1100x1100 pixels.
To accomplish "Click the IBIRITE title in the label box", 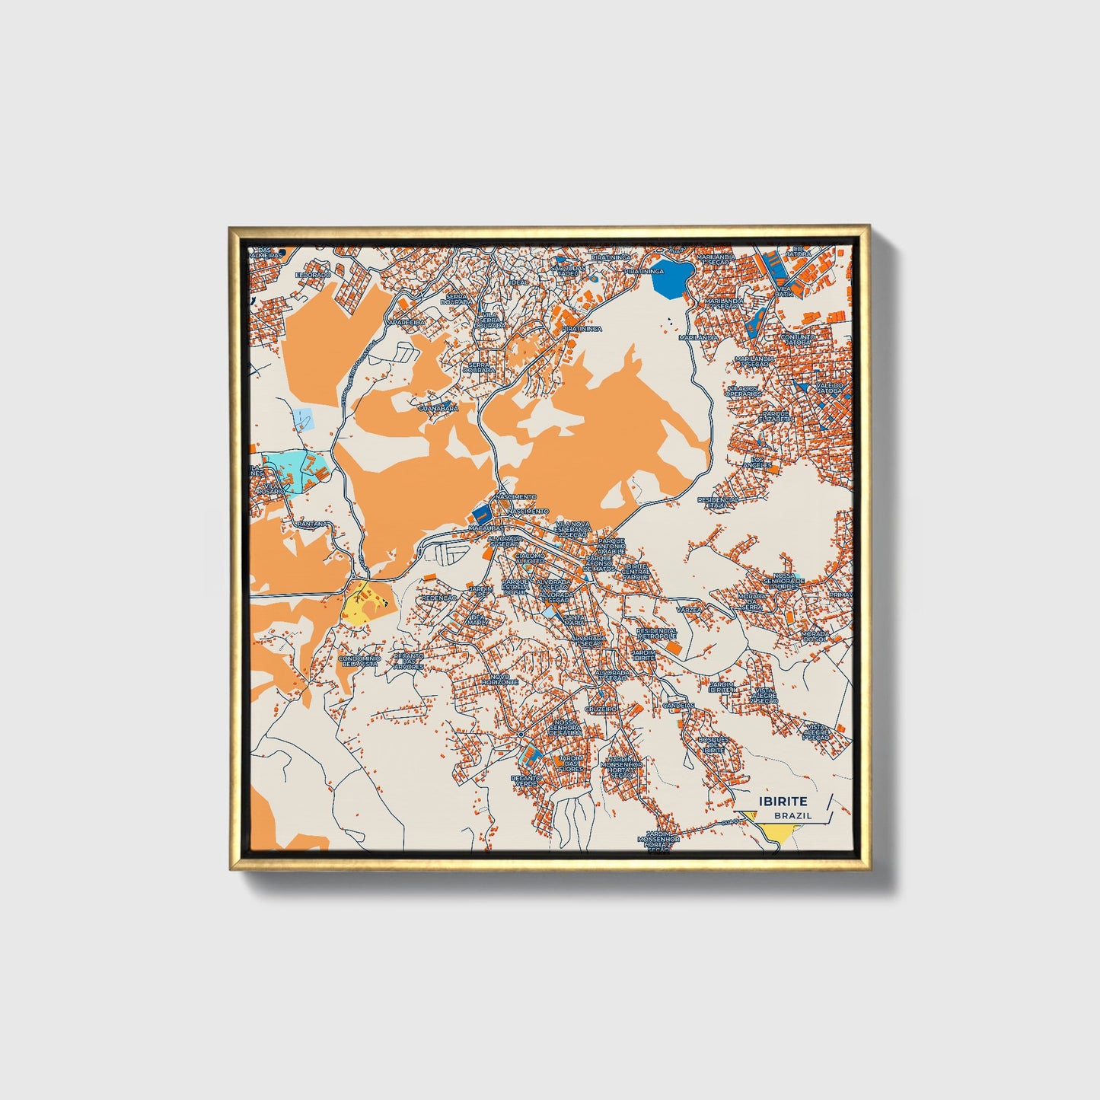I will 783,801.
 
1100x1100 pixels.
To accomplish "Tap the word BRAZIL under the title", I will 792,815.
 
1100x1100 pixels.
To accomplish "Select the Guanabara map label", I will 438,409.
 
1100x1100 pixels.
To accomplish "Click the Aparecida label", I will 405,322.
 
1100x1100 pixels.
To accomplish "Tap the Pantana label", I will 313,524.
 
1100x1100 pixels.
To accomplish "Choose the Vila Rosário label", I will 271,488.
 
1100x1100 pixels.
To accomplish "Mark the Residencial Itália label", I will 718,502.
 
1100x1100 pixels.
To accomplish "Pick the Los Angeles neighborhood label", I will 761,462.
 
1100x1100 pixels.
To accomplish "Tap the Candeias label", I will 678,705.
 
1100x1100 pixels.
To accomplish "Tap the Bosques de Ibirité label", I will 714,744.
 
